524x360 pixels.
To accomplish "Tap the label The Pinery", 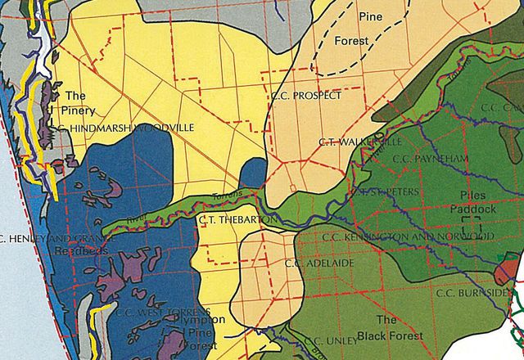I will pyautogui.click(x=80, y=102).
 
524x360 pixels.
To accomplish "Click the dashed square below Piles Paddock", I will pyautogui.click(x=470, y=221).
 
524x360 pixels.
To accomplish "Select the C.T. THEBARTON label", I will pyautogui.click(x=229, y=219).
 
